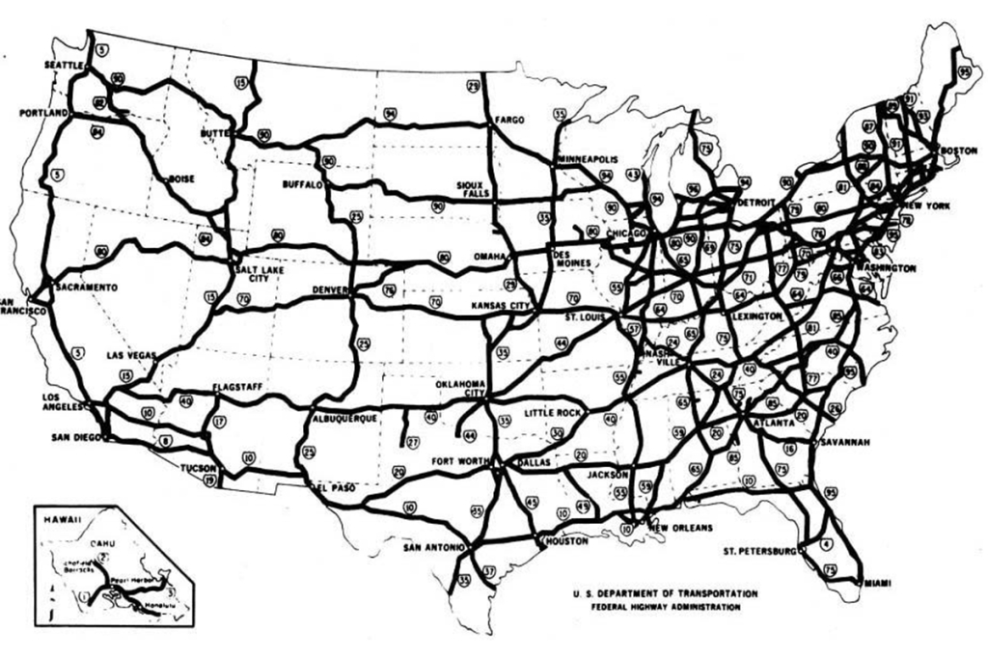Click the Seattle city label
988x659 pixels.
pos(66,65)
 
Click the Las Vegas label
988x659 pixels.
pos(130,356)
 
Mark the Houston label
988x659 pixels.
pos(566,541)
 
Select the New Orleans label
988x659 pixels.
pos(680,528)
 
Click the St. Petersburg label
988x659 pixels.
pos(757,552)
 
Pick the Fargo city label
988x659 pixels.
pos(508,121)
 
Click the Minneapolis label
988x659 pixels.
pos(587,158)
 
